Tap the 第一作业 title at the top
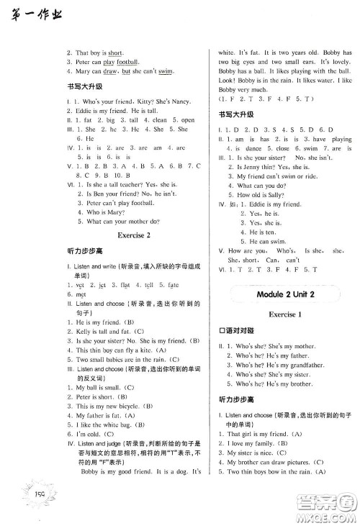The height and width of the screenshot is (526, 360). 34,13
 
